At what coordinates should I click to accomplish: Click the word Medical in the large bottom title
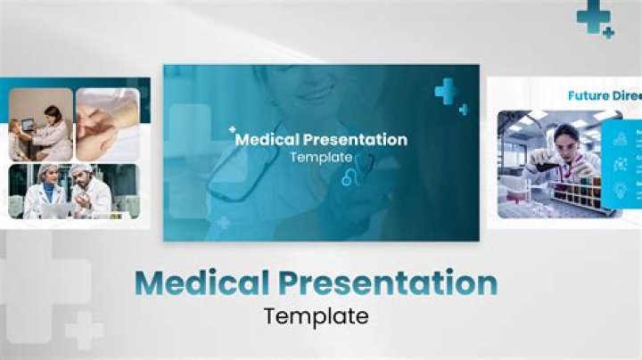click(202, 283)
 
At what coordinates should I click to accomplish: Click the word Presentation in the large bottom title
click(386, 284)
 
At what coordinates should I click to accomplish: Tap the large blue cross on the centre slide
click(445, 90)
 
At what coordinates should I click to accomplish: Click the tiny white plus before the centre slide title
click(233, 129)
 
